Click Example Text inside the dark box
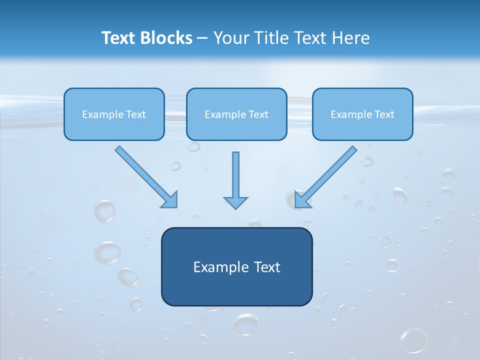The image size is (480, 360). (236, 267)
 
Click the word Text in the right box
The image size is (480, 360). (384, 114)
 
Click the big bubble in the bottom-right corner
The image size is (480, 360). (414, 340)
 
